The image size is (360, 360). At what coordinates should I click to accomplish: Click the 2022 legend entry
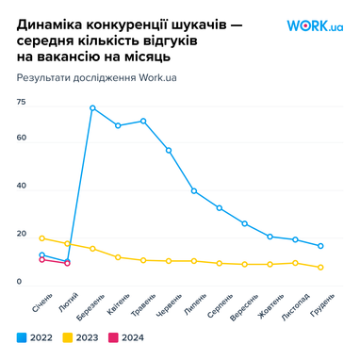click(x=35, y=336)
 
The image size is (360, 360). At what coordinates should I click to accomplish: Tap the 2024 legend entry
click(x=126, y=336)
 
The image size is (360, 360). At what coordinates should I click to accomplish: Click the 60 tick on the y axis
click(x=21, y=139)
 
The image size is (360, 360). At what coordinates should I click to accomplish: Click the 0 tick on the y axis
click(x=19, y=282)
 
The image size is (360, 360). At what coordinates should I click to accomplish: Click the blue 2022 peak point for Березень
click(x=92, y=108)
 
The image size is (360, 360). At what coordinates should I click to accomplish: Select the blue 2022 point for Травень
click(x=143, y=121)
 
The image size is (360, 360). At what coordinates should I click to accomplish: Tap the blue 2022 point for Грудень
click(x=320, y=246)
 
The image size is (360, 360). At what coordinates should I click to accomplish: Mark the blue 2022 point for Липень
click(x=194, y=191)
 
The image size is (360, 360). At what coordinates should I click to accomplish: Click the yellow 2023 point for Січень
click(x=42, y=238)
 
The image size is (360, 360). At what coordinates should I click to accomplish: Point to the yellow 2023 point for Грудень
click(x=320, y=268)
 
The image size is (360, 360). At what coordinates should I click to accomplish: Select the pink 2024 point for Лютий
click(x=67, y=263)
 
